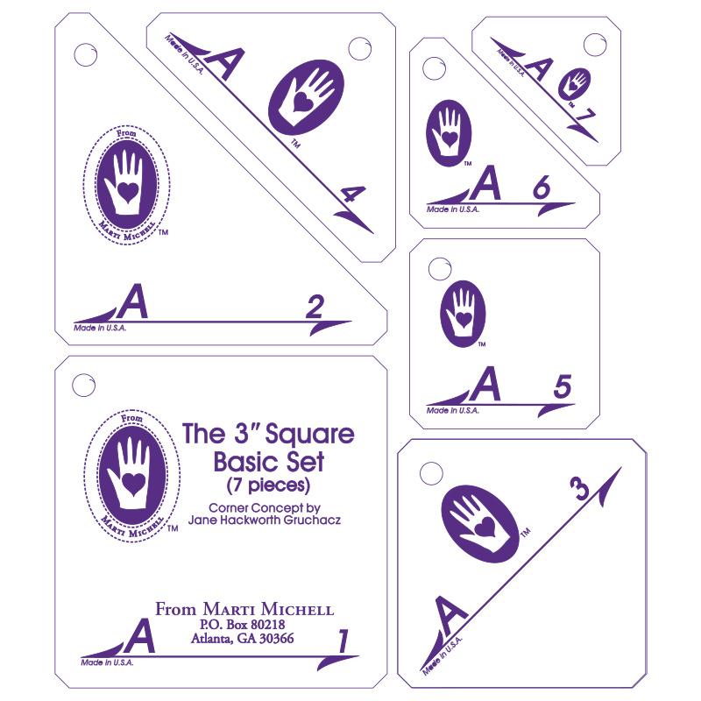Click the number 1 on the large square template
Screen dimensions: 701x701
[x=343, y=642]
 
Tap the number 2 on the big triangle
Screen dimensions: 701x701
[x=315, y=307]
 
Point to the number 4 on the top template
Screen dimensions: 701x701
[x=351, y=197]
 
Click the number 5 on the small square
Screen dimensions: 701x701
[x=563, y=386]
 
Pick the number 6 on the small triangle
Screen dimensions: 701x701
[x=541, y=188]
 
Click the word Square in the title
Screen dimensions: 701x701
[x=317, y=433]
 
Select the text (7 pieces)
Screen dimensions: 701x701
[x=266, y=483]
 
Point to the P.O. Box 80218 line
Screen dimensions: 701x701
[x=244, y=624]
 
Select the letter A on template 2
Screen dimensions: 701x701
[x=132, y=302]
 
